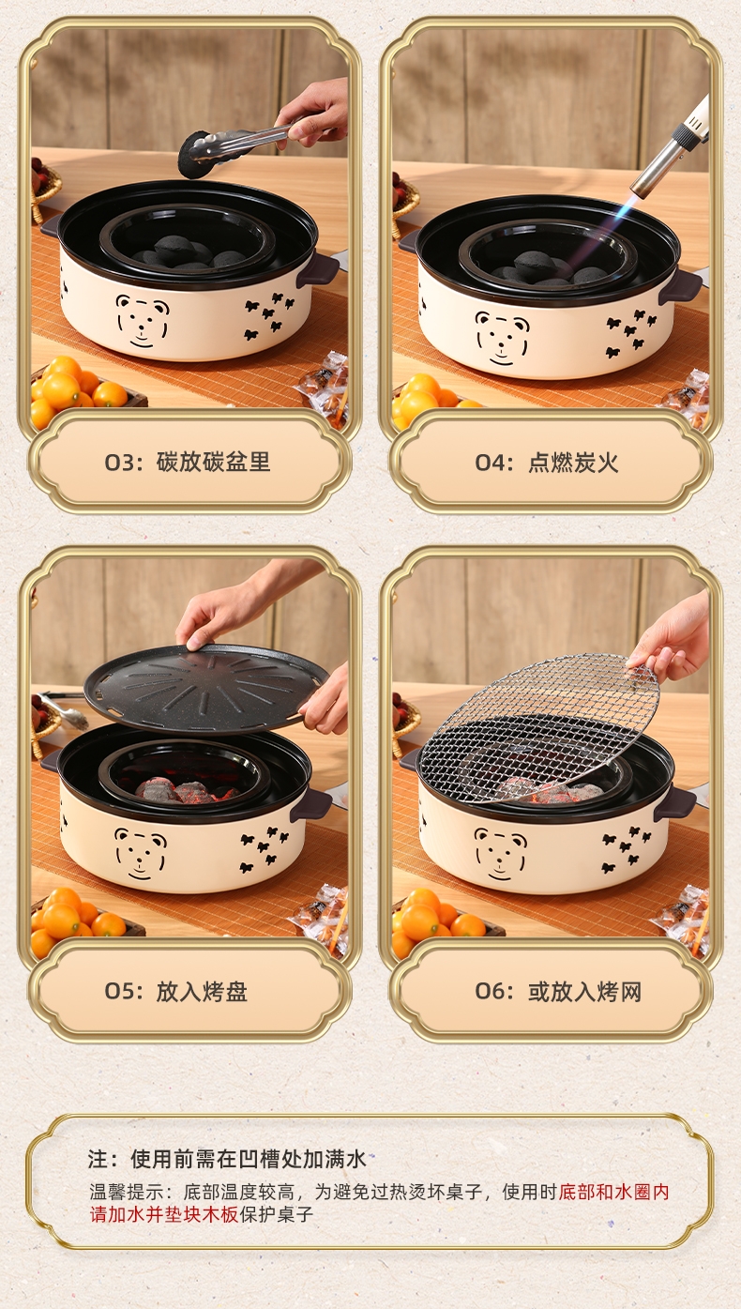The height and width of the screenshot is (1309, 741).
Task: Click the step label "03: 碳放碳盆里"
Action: [x=188, y=463]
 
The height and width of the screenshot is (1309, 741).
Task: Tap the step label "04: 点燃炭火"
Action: [x=547, y=463]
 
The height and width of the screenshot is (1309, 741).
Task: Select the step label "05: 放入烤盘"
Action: [x=176, y=992]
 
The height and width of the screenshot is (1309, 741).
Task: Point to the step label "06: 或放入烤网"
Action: [x=558, y=992]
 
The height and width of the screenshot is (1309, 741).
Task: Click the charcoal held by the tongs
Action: [x=194, y=156]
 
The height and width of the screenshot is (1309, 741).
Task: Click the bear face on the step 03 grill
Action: [x=142, y=321]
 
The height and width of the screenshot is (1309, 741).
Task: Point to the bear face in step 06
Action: [x=501, y=854]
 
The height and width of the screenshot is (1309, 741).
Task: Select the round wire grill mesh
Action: [x=539, y=729]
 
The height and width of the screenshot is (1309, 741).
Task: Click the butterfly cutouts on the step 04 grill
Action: [x=630, y=332]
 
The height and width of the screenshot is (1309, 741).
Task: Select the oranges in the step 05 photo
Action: [x=76, y=921]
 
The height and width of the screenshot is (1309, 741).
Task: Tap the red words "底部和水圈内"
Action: [x=613, y=1192]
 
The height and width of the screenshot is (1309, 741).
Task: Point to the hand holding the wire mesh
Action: [x=672, y=637]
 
